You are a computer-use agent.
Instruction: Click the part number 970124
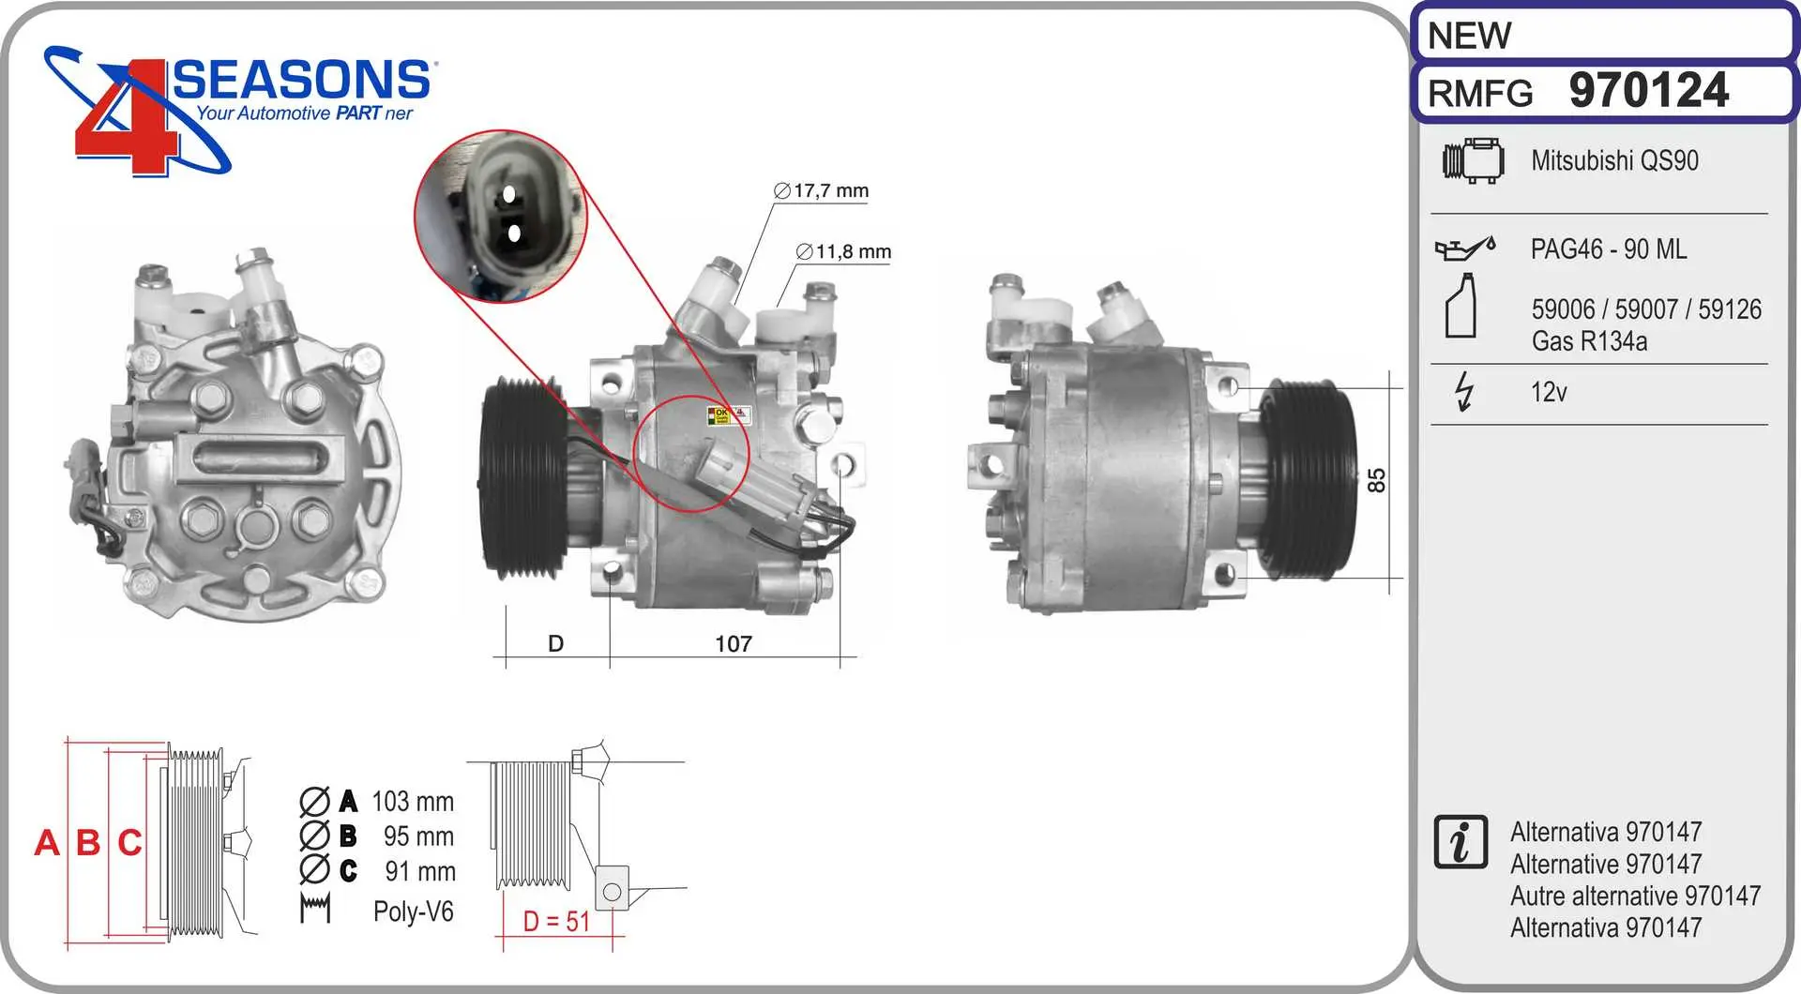[x=1649, y=91]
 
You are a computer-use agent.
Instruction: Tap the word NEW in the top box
[x=1469, y=36]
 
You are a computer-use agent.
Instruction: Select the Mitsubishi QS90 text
[x=1614, y=160]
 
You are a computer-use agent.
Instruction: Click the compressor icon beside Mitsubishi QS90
[x=1473, y=160]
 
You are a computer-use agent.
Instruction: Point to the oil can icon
[x=1464, y=248]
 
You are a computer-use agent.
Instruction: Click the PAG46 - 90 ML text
[x=1609, y=248]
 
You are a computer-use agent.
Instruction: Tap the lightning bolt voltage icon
[x=1463, y=391]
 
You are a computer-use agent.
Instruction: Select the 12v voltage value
[x=1549, y=392]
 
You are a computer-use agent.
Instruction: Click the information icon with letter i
[x=1460, y=841]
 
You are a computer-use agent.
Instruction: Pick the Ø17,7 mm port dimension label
[x=822, y=190]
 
